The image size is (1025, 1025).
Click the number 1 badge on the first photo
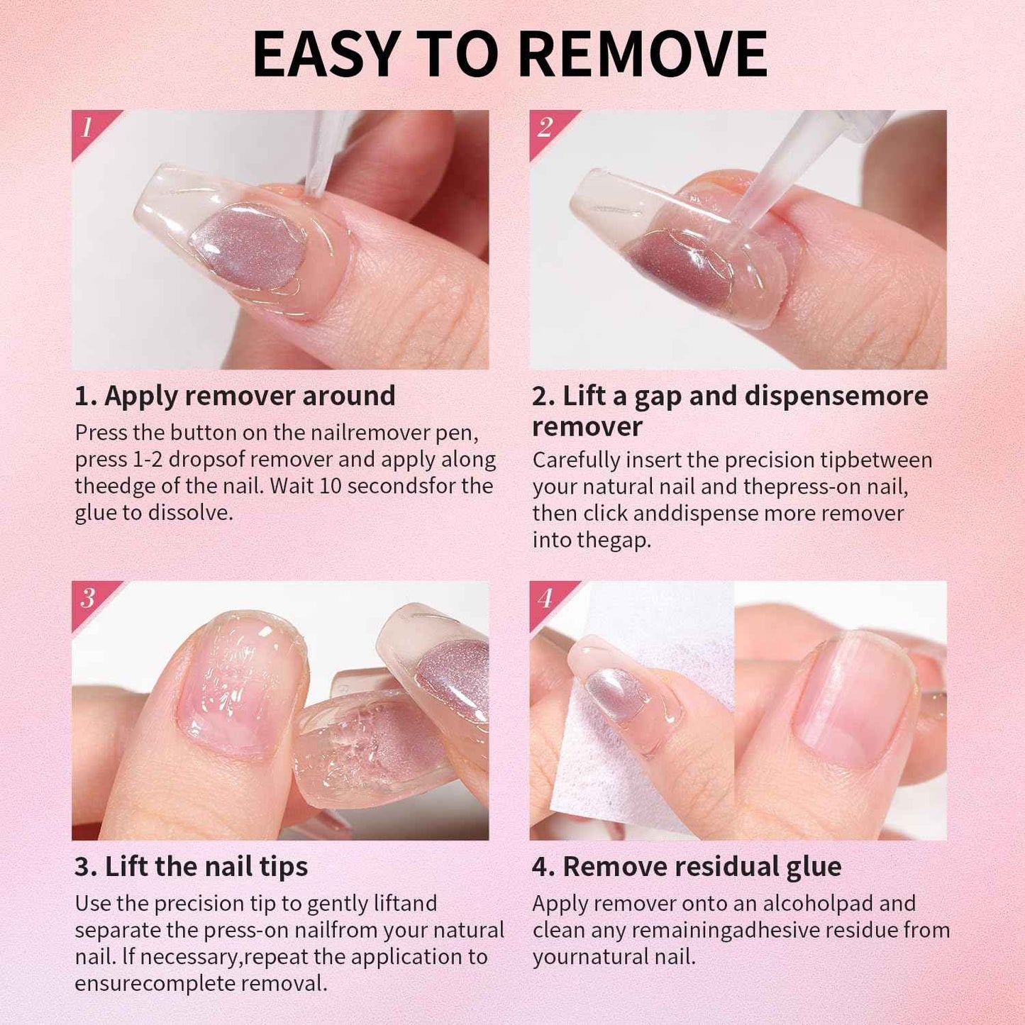pos(87,128)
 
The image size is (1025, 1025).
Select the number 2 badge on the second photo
pos(545,128)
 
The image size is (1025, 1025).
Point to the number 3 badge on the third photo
pos(87,598)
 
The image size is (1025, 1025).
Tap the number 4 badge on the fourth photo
pos(545,598)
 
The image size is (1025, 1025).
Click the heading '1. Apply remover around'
pos(235,396)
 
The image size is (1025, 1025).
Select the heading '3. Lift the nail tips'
pos(192,867)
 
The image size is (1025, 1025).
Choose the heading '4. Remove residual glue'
pos(687,867)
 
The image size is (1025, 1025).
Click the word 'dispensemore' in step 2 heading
pos(836,396)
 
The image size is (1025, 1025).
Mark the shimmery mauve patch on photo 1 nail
pos(248,245)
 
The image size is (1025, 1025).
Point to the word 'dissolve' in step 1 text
pos(189,513)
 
